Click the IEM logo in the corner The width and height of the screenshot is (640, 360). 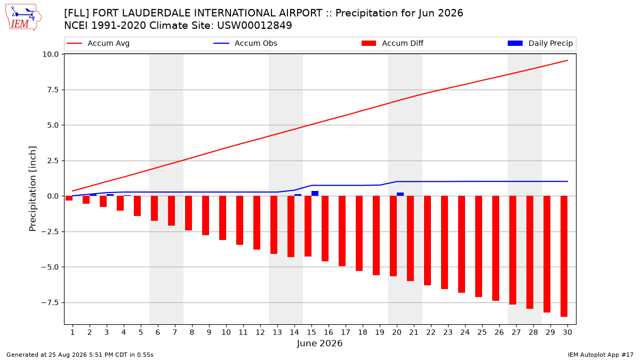[x=23, y=18]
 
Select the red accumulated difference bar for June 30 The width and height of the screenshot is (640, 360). [x=564, y=257]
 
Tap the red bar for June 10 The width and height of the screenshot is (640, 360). [x=222, y=218]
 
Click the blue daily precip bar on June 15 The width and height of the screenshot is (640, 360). [x=315, y=194]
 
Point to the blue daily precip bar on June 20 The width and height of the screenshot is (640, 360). [x=401, y=194]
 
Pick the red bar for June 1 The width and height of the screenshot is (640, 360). [x=69, y=198]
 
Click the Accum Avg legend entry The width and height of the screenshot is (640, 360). [x=98, y=43]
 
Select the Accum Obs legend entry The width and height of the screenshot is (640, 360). [x=245, y=43]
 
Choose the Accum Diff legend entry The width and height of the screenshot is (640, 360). [x=393, y=43]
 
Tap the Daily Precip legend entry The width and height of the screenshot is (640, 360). [x=540, y=43]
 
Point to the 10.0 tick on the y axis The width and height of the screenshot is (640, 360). [x=50, y=54]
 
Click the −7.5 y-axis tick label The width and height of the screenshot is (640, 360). [x=50, y=302]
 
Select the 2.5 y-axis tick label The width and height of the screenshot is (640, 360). [x=53, y=161]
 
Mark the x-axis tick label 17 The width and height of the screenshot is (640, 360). [x=346, y=332]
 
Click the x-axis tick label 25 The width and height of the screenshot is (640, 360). [x=482, y=332]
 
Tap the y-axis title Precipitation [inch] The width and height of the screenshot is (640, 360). [x=33, y=189]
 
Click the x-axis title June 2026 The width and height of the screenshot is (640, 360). [x=319, y=343]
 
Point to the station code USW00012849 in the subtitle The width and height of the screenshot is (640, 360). [x=254, y=26]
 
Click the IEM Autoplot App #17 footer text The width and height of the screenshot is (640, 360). [x=601, y=355]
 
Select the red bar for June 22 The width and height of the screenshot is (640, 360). [x=427, y=241]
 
